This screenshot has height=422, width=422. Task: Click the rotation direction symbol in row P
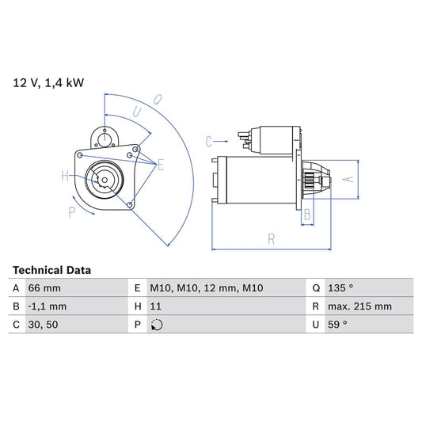[x=157, y=325]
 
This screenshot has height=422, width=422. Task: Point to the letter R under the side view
[x=271, y=237]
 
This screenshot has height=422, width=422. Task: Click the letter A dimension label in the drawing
[x=345, y=179]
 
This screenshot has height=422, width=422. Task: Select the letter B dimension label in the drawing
[x=306, y=215]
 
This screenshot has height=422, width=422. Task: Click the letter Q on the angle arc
[x=158, y=100]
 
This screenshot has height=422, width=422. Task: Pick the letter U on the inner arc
[x=138, y=112]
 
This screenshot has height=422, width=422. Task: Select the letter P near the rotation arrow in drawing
[x=71, y=211]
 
